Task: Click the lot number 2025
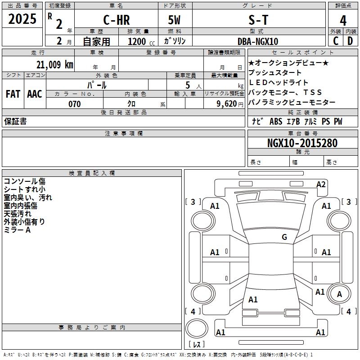coord(22,19)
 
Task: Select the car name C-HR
coord(116,21)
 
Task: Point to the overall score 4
coord(343,21)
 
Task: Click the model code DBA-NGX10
coord(258,41)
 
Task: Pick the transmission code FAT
coord(13,94)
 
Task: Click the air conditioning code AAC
coord(35,94)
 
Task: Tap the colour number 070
coord(75,104)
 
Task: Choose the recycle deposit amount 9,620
coord(227,104)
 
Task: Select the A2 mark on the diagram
coord(321,184)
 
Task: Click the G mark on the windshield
coord(284,237)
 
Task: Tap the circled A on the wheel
coord(339,294)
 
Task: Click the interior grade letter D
coord(350,41)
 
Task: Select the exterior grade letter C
coord(335,41)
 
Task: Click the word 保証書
coord(15,121)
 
